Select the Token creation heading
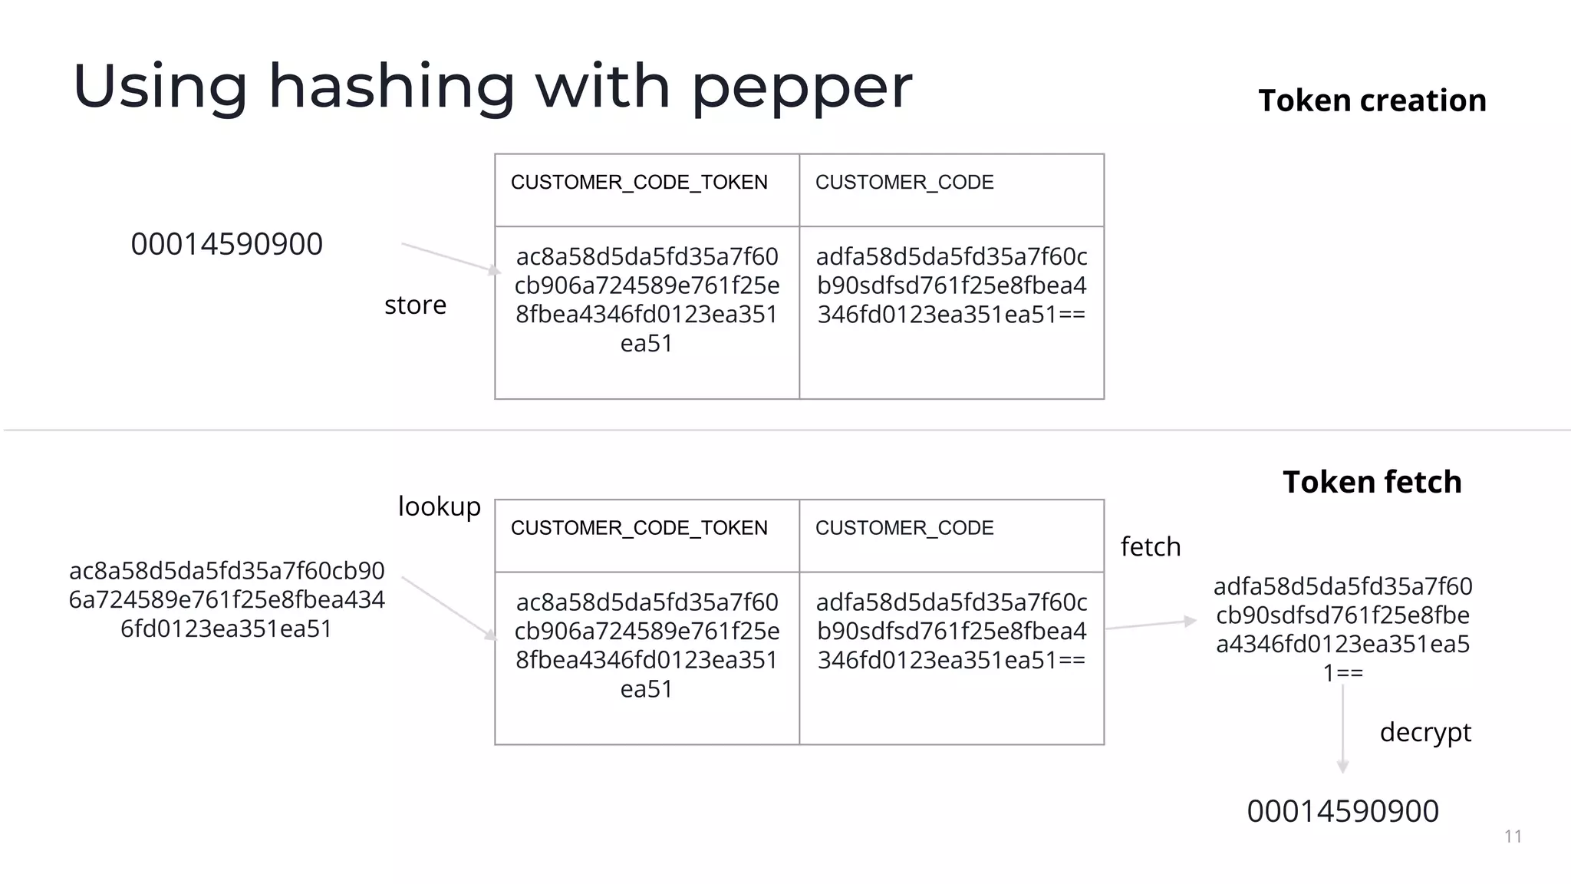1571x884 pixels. pyautogui.click(x=1372, y=101)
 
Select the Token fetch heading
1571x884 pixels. pyautogui.click(x=1372, y=482)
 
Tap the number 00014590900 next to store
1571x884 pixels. pyautogui.click(x=226, y=244)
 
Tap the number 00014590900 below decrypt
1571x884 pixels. pyautogui.click(x=1342, y=811)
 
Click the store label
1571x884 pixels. pyautogui.click(x=415, y=305)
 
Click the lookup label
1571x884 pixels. pyautogui.click(x=439, y=506)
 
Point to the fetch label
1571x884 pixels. pyautogui.click(x=1150, y=547)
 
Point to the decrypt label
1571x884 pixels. pyautogui.click(x=1424, y=732)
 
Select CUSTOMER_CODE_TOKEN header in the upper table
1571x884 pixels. pyautogui.click(x=639, y=183)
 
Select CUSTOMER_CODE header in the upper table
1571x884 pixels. pyautogui.click(x=904, y=183)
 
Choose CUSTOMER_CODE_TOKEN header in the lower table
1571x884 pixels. pyautogui.click(x=639, y=528)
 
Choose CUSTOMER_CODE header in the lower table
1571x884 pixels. pyautogui.click(x=904, y=528)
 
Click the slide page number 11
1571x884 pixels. pyautogui.click(x=1513, y=836)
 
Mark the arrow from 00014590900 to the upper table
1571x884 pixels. pyautogui.click(x=450, y=257)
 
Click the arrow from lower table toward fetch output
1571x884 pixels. pyautogui.click(x=1150, y=624)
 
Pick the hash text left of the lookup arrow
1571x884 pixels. pyautogui.click(x=226, y=599)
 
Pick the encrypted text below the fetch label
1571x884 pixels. pyautogui.click(x=1342, y=629)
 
